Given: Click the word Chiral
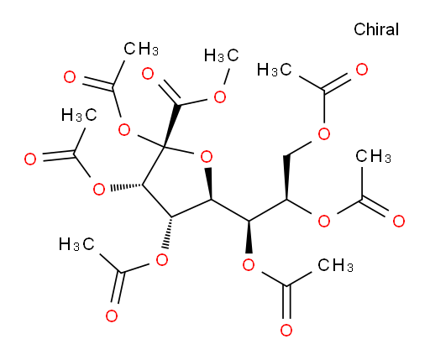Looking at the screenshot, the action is [x=376, y=29].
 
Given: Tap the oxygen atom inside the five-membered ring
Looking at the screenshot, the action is [x=207, y=157].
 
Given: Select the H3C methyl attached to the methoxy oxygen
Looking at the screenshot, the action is [x=221, y=55].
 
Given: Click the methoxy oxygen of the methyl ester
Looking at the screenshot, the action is [x=220, y=97].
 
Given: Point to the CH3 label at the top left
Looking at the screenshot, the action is [x=141, y=49].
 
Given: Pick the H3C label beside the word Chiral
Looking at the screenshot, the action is [x=274, y=70].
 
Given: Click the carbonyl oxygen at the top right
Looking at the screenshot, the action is [x=362, y=70].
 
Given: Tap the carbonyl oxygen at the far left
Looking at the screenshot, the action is [x=30, y=159].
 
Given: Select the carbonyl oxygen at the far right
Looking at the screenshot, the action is [x=398, y=221].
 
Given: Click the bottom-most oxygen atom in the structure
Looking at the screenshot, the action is [x=286, y=330].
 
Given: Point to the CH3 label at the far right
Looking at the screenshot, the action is [x=374, y=156].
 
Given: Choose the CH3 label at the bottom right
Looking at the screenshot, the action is [x=335, y=265].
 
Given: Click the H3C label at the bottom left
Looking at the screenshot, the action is [x=76, y=244].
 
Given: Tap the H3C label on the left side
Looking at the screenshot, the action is [x=79, y=115].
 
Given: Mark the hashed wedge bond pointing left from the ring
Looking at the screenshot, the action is [x=127, y=187].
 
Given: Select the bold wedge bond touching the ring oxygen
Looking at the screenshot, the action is [x=209, y=184].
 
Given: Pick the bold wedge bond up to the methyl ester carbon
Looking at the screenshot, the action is [x=170, y=125].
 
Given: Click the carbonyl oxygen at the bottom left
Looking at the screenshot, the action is [x=112, y=316].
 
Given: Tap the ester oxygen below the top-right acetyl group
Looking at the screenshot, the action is [x=324, y=134].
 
